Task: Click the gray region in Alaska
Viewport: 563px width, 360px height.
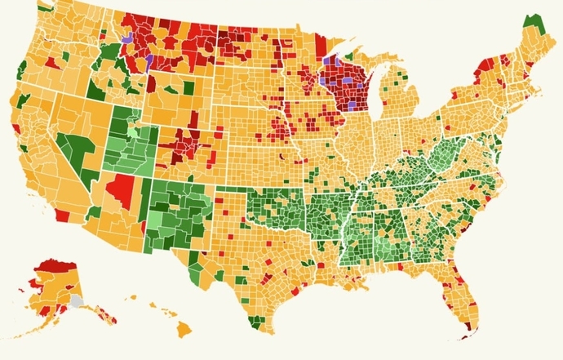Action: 77,300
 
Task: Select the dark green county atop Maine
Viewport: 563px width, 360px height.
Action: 534,22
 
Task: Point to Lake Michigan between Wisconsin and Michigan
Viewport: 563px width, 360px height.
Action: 374,91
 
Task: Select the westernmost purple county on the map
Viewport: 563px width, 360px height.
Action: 126,38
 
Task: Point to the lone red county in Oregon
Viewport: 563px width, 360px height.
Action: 52,62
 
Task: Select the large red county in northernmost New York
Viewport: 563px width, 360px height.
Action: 488,64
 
